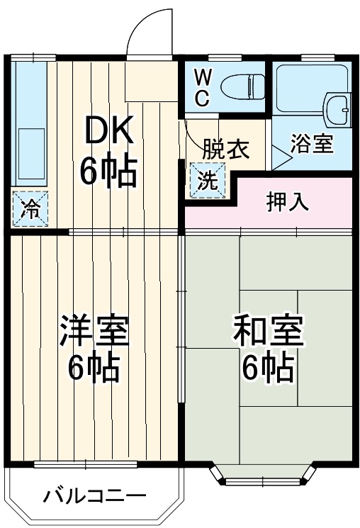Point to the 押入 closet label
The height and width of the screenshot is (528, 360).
287,202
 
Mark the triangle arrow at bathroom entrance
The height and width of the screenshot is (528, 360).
280,159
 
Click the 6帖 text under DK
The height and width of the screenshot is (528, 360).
108,172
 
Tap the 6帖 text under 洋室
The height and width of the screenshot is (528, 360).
94,368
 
